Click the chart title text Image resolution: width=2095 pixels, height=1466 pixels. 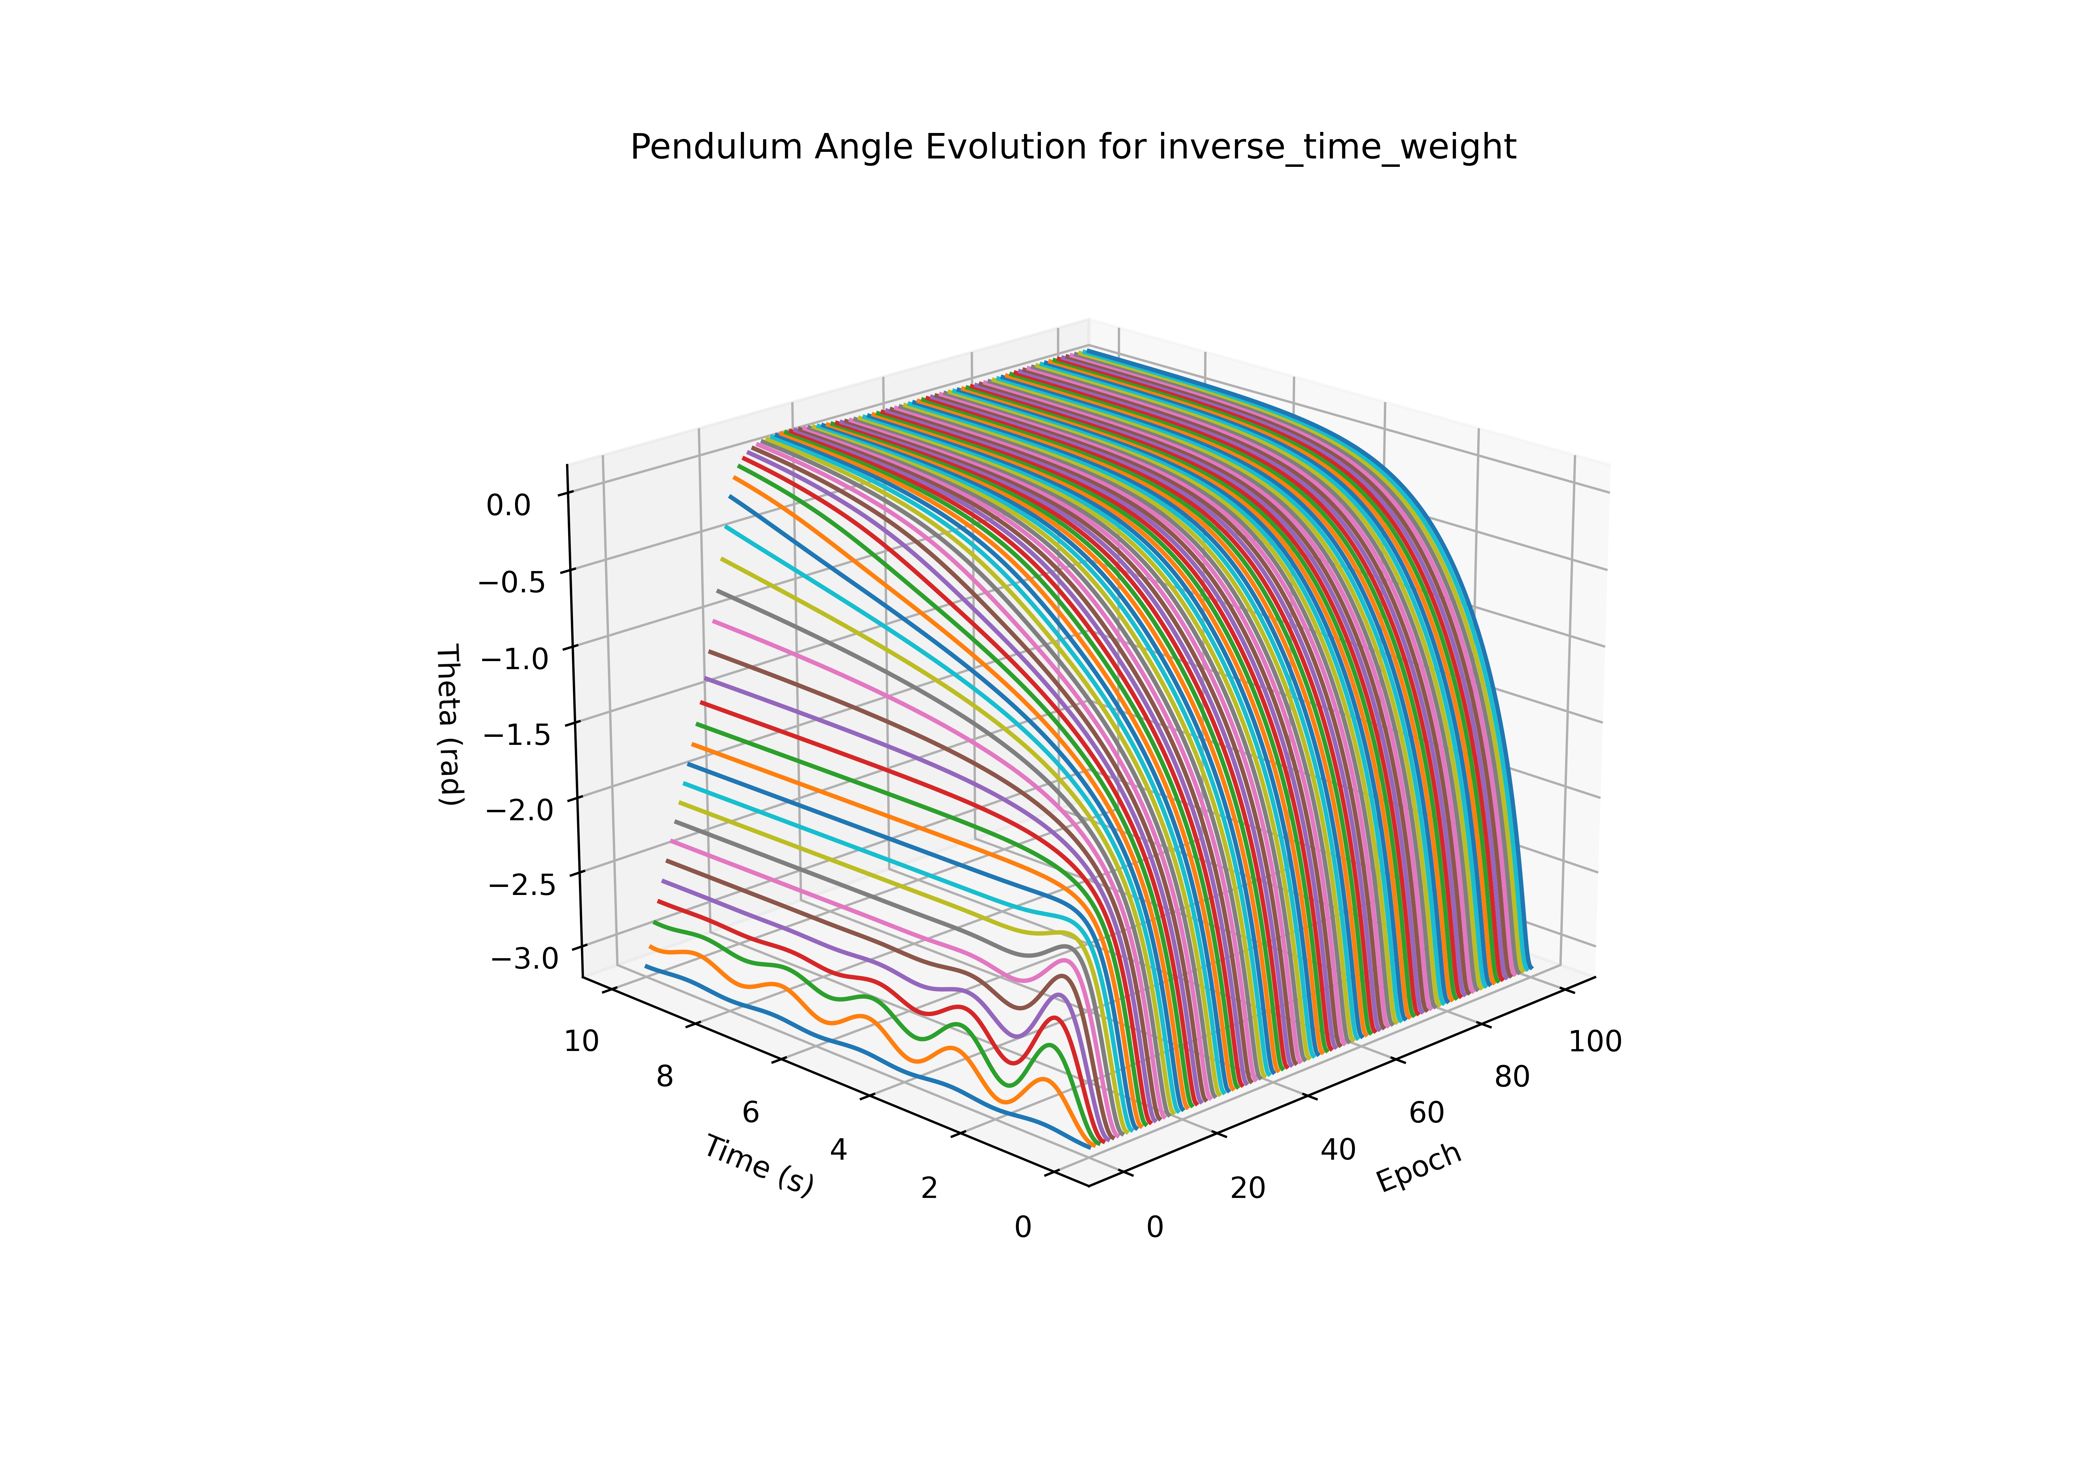tap(1073, 147)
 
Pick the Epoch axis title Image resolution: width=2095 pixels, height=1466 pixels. tap(1419, 1167)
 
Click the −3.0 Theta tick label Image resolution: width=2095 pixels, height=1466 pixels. tap(524, 958)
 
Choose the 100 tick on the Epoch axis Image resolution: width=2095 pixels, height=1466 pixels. tap(1595, 1041)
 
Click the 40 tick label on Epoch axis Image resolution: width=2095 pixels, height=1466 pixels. tap(1338, 1150)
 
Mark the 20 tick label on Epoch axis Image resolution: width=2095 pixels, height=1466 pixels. tap(1247, 1188)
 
